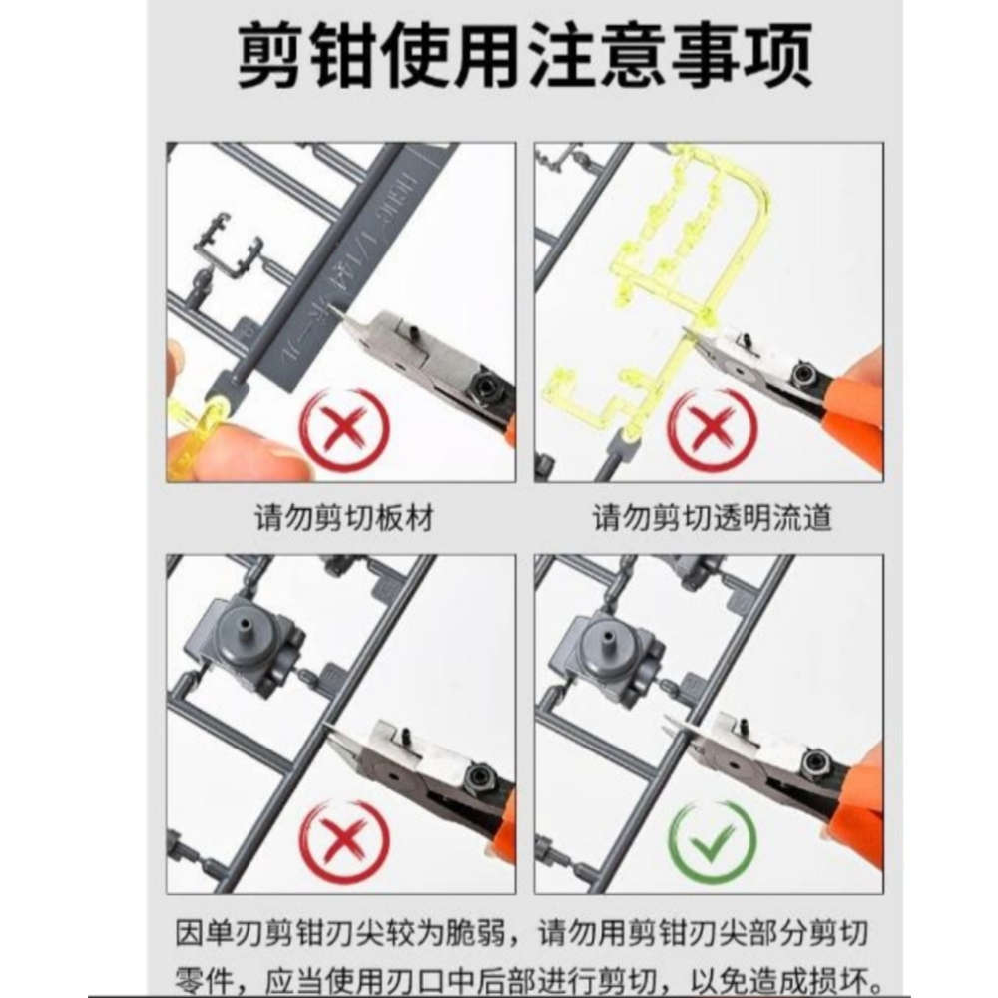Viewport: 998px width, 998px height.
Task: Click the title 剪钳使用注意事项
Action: point(524,59)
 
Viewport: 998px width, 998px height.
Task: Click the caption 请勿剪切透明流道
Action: point(712,519)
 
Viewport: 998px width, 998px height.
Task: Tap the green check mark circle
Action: point(711,840)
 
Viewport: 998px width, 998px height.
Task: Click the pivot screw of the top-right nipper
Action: point(801,375)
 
